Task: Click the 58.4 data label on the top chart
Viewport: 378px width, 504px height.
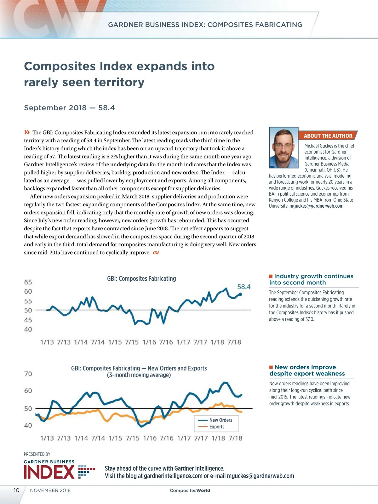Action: point(244,287)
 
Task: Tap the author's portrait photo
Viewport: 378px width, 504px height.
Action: point(283,147)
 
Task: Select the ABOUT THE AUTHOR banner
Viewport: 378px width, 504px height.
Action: point(328,136)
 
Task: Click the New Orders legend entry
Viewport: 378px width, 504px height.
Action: point(220,420)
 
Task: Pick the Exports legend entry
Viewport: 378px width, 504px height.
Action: point(217,427)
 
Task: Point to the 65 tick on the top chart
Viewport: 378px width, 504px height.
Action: point(28,282)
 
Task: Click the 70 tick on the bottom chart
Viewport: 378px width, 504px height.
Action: point(28,374)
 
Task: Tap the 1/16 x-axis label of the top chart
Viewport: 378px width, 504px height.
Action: point(149,342)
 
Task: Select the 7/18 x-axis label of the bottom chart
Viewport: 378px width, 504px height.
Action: point(235,438)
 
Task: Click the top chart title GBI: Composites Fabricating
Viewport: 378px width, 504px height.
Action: point(141,278)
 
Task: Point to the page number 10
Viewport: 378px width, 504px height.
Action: point(16,490)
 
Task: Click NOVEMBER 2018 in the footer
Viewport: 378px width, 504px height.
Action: point(50,490)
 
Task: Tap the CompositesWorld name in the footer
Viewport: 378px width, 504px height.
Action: point(190,490)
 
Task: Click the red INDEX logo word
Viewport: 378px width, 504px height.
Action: point(49,472)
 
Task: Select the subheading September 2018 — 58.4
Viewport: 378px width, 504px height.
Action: point(69,108)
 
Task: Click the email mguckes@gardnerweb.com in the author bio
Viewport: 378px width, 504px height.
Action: point(316,206)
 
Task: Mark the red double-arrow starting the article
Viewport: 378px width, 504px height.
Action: point(27,132)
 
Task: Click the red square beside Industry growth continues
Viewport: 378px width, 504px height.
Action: point(271,276)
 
